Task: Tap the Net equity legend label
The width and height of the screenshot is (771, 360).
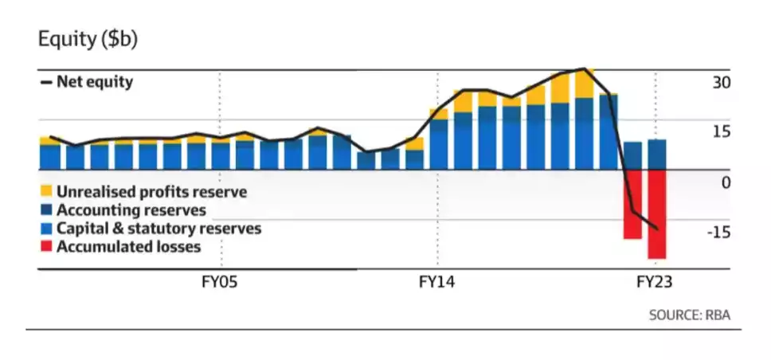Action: [95, 81]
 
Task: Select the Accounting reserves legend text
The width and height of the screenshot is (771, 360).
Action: [131, 210]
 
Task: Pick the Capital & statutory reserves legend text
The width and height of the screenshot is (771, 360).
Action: [159, 229]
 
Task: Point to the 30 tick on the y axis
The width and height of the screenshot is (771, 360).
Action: [722, 82]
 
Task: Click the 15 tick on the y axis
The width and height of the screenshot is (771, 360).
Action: [722, 132]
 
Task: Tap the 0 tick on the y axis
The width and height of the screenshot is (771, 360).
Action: [726, 182]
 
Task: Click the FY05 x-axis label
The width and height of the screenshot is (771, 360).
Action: [221, 282]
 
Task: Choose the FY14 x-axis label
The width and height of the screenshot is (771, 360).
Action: [437, 282]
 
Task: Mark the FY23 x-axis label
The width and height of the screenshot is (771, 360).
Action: [655, 282]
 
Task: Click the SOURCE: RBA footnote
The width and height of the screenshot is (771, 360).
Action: [690, 315]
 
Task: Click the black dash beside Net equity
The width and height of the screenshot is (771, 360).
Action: [45, 81]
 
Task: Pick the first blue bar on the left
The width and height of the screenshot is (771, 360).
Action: [49, 157]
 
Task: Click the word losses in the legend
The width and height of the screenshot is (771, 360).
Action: [178, 247]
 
